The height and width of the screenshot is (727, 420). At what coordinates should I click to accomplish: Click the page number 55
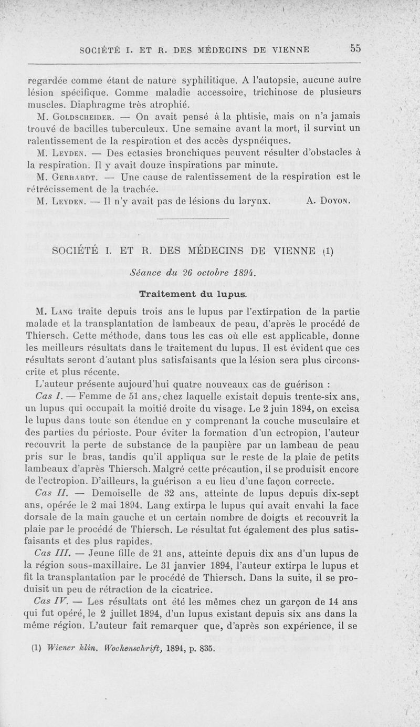coord(355,48)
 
